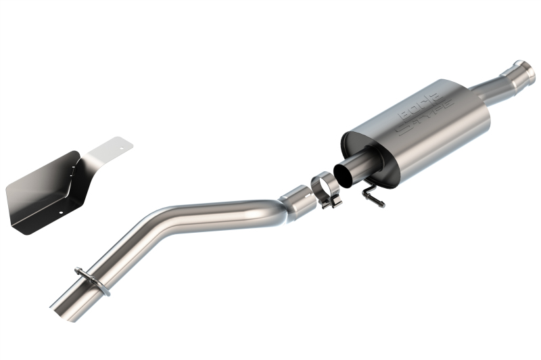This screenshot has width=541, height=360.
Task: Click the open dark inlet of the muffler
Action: click(347, 174)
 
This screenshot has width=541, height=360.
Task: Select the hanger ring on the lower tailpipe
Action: click(93, 279)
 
